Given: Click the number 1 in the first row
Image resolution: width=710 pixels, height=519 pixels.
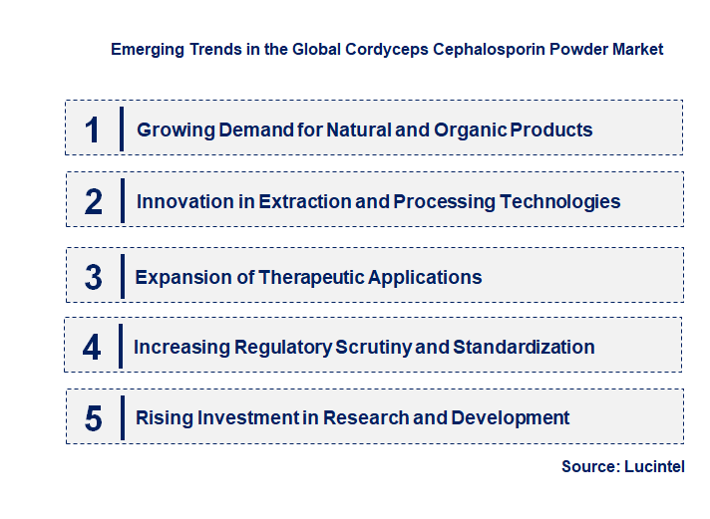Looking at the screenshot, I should coord(93,130).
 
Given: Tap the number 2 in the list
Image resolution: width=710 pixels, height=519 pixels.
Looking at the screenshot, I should coord(93,201).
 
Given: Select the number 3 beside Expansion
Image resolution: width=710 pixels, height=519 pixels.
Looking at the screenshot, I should coord(93,277).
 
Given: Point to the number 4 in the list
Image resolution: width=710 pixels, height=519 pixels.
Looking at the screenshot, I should coord(92,347).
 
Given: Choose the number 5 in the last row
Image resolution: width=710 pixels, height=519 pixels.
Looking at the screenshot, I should coord(93,417).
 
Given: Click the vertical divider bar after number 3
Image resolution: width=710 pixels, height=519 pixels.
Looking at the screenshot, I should coord(121,276).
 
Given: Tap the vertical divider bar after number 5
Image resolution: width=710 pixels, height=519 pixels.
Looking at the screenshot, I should coord(121,416).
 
